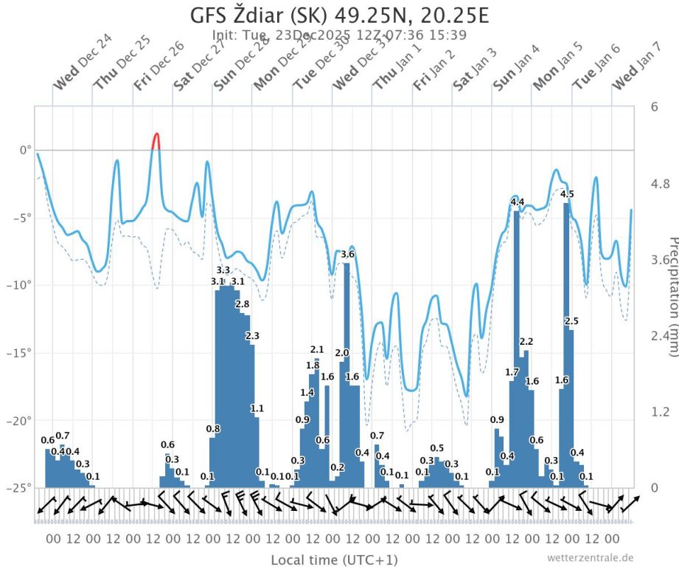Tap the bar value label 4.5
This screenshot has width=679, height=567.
click(567, 194)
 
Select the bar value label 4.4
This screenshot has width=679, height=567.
click(517, 202)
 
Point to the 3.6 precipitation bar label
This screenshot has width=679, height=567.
click(348, 255)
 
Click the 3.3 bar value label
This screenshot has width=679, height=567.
click(223, 271)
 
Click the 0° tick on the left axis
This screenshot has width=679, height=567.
click(25, 150)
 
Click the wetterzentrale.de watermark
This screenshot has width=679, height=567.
click(590, 557)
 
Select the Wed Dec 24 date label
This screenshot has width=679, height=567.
click(77, 69)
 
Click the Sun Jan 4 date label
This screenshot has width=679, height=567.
click(516, 69)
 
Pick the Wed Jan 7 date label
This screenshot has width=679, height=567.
click(636, 69)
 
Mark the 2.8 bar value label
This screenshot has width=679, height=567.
click(242, 304)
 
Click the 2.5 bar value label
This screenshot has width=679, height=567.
click(571, 320)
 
